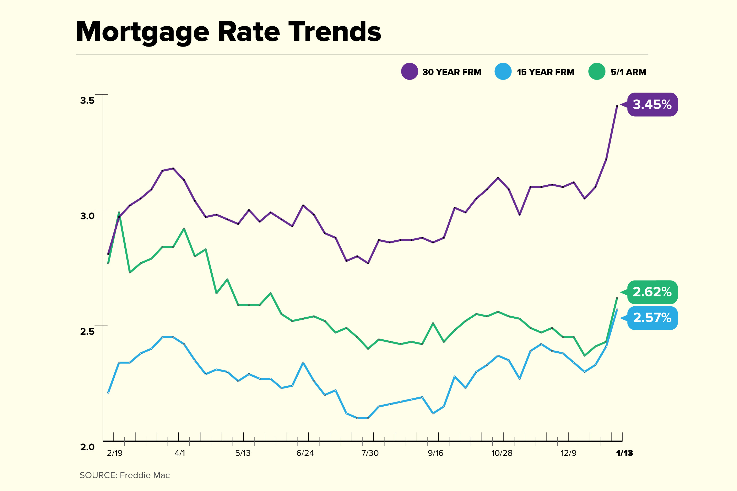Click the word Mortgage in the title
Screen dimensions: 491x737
coord(143,32)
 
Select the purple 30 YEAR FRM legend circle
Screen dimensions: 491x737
coord(409,71)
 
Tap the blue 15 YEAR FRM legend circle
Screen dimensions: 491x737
coord(503,71)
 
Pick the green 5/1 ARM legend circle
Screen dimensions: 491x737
coord(597,71)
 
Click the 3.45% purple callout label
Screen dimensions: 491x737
coord(652,105)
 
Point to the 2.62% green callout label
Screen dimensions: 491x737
coord(652,292)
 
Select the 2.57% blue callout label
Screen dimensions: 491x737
coord(652,318)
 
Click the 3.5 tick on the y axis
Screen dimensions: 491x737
coord(87,101)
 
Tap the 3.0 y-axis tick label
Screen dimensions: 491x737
coord(87,216)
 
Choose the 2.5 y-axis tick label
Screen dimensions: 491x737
coord(87,331)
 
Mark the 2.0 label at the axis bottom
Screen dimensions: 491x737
coord(87,447)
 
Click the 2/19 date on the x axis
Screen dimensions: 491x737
coord(115,453)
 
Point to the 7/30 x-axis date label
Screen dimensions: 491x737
coord(370,453)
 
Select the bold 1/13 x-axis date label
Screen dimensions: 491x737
coord(624,453)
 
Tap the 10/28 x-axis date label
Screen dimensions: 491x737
coord(502,453)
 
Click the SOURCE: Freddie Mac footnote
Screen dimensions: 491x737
coord(124,475)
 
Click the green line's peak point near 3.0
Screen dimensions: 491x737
coord(119,213)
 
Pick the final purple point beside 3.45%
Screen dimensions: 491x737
coord(617,106)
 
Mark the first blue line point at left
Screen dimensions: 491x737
coord(108,392)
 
